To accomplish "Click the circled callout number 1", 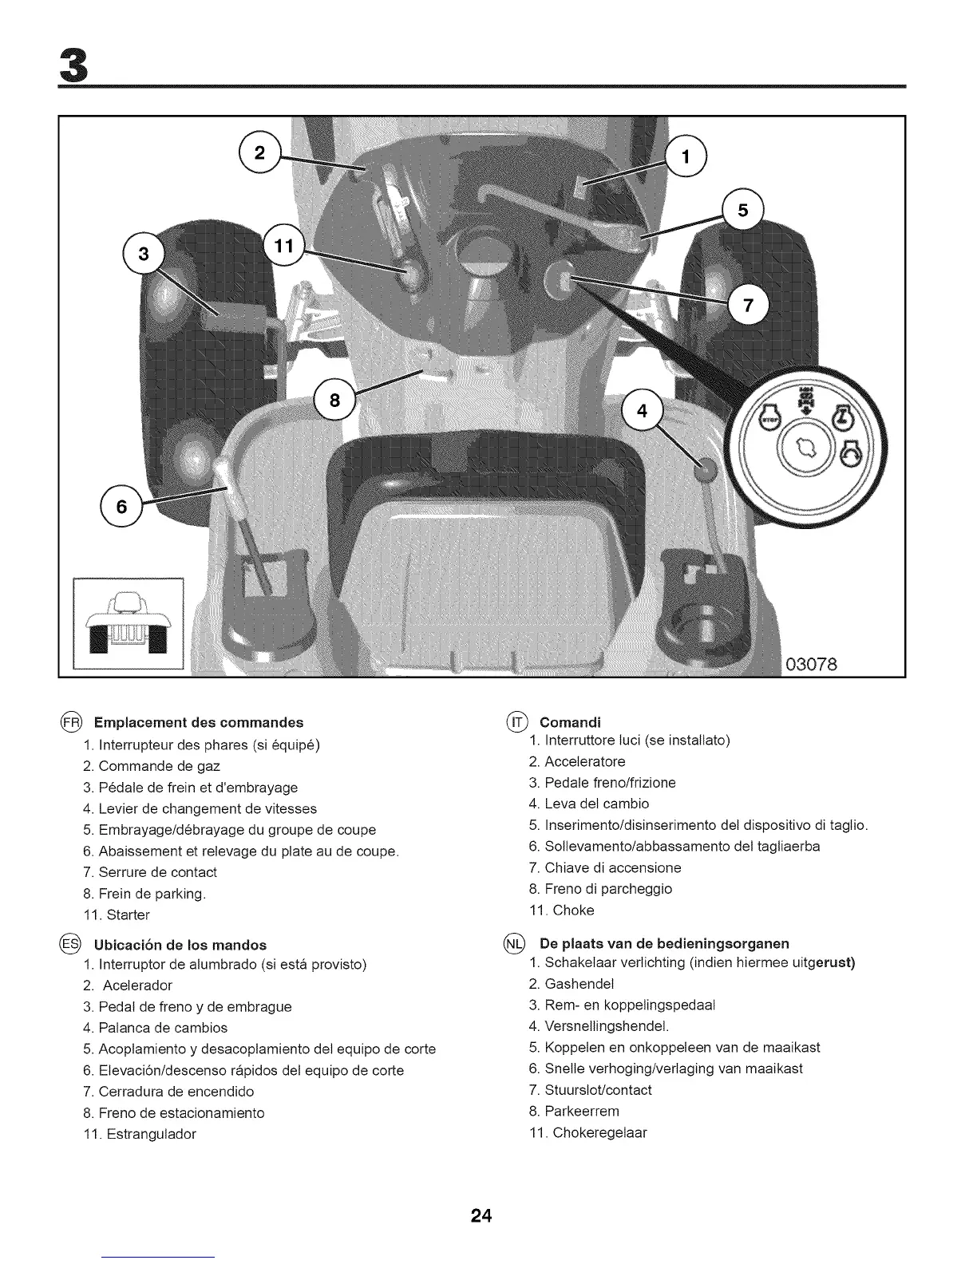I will [686, 156].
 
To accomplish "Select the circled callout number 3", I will [144, 255].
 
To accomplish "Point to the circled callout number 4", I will [642, 412].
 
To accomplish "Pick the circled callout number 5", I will [743, 210].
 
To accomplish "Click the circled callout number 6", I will [121, 506].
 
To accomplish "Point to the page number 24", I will [482, 1216].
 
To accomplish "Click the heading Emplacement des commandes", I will [199, 722].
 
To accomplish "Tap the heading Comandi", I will [570, 723].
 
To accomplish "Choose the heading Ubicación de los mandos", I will [180, 945].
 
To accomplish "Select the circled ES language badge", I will [69, 945].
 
